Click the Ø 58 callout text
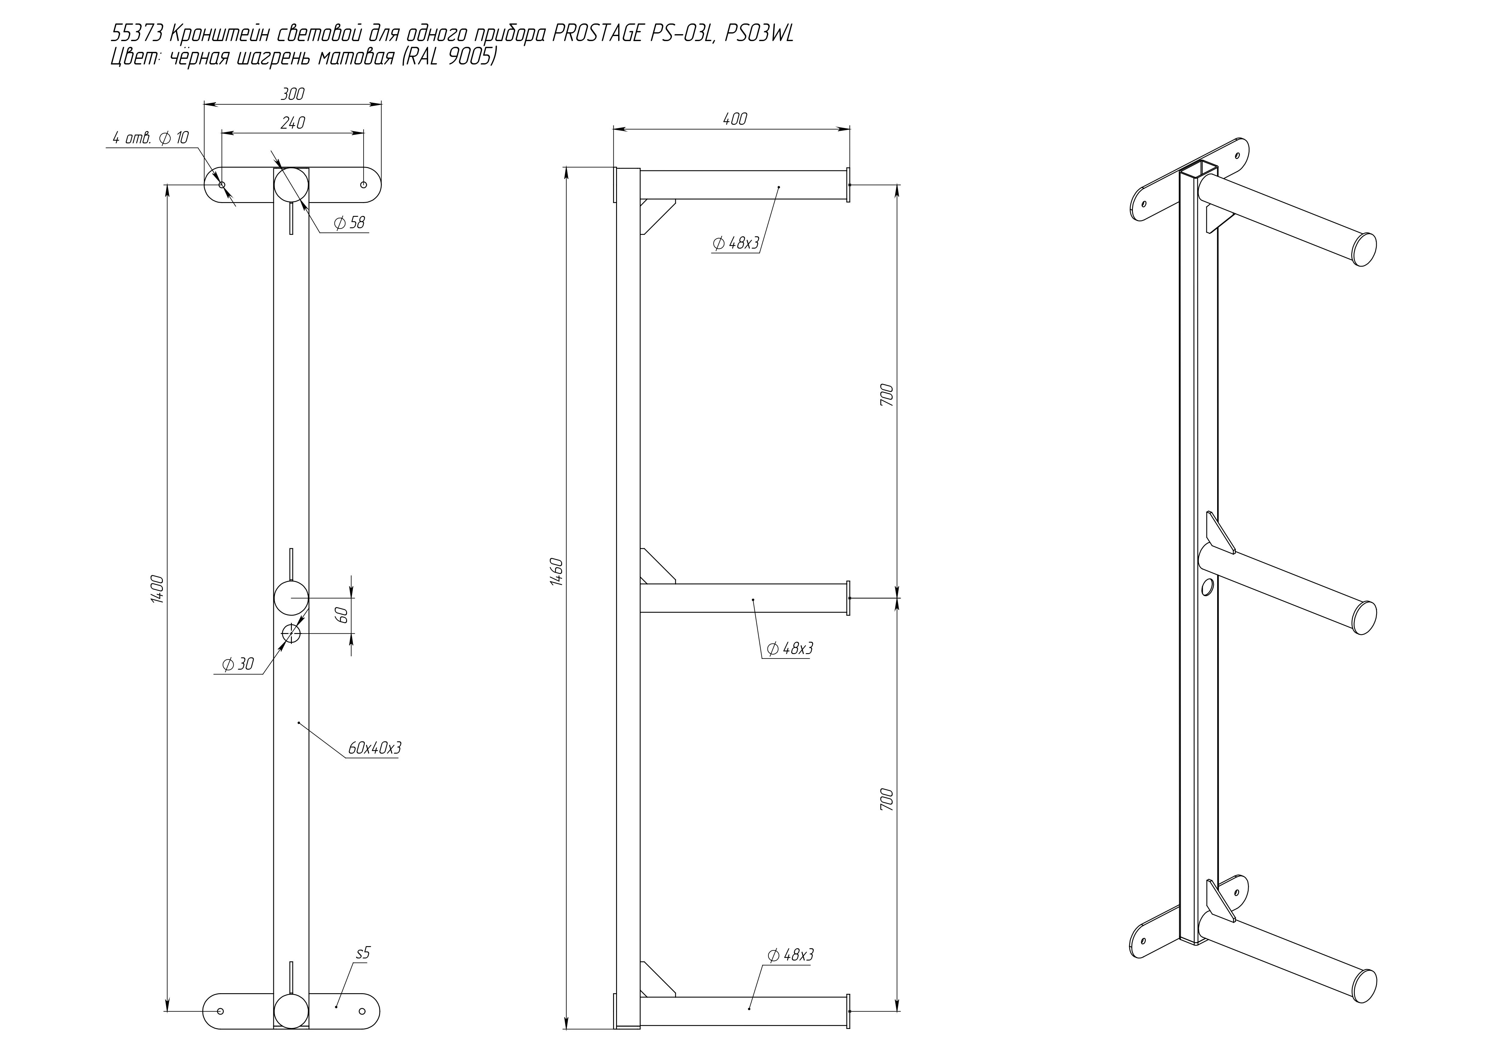point(349,223)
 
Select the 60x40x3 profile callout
point(375,748)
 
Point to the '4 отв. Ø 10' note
point(150,138)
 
